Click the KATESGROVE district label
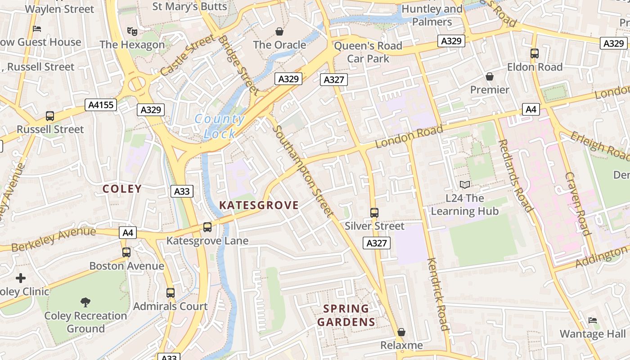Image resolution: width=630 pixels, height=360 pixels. (x=259, y=205)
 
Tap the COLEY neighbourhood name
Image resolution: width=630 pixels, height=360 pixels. (x=122, y=189)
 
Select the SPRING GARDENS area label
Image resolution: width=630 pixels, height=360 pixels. (x=346, y=315)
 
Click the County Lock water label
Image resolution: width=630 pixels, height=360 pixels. (x=220, y=126)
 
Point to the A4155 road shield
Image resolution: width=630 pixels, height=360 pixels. (x=101, y=105)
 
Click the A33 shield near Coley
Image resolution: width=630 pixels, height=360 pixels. (x=182, y=191)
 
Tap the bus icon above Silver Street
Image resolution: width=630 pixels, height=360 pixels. (x=374, y=212)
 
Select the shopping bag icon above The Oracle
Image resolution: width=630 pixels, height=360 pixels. (x=279, y=31)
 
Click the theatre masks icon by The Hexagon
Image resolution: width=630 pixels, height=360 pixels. (x=132, y=31)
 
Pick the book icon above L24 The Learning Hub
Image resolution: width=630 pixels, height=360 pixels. (x=465, y=184)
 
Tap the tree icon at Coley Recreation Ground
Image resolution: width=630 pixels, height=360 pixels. (x=85, y=302)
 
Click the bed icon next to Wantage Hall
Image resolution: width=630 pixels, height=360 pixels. (x=593, y=320)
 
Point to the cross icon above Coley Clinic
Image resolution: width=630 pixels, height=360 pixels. (x=21, y=278)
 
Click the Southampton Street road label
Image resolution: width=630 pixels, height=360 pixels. (x=302, y=171)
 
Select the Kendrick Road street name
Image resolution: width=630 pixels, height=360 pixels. (x=438, y=294)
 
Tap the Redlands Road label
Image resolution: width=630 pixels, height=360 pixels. (x=515, y=175)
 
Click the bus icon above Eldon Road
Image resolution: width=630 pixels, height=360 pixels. (x=535, y=54)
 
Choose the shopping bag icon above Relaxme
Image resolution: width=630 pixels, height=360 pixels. (x=401, y=332)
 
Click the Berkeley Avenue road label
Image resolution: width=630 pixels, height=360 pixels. (x=54, y=240)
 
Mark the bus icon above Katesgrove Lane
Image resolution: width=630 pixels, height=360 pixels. (x=207, y=227)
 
